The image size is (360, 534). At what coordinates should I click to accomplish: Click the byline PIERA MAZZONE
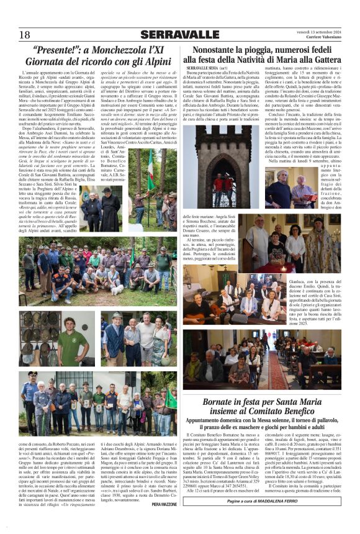pos(164,505)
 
